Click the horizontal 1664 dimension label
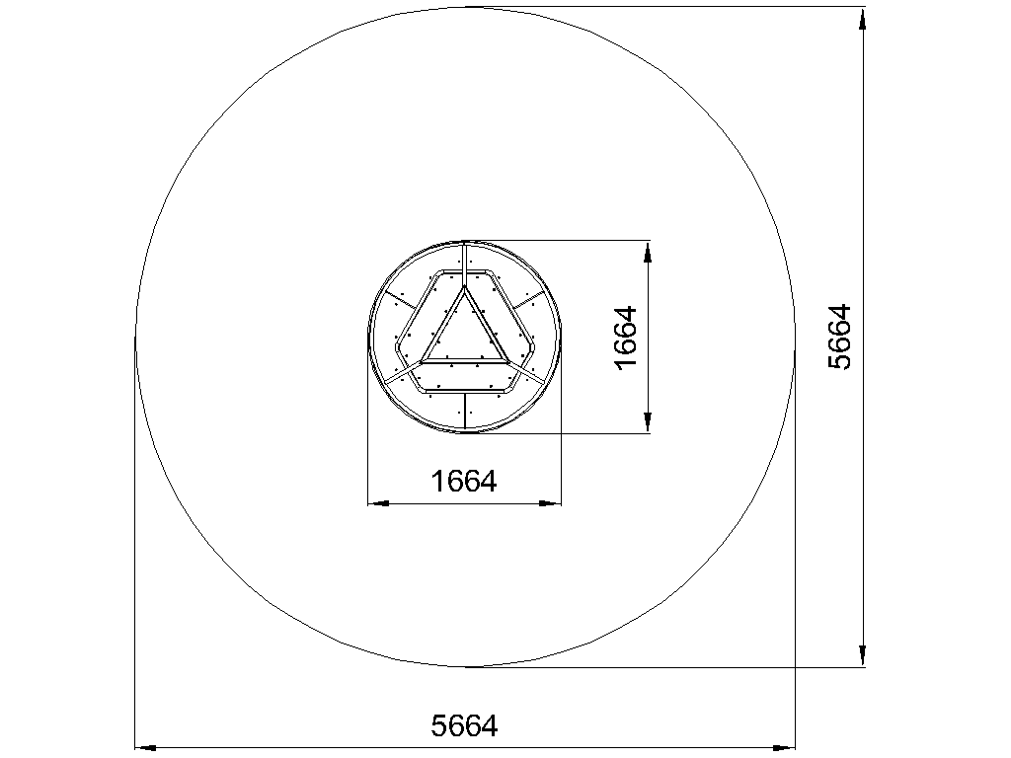[464, 481]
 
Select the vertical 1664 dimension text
[625, 338]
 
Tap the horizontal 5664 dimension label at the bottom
[464, 725]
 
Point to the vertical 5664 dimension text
[839, 337]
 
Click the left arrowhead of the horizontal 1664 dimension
[378, 503]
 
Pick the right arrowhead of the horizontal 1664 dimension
[550, 503]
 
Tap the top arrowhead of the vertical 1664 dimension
[648, 252]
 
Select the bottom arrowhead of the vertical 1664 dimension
[648, 422]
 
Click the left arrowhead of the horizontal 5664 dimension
[145, 748]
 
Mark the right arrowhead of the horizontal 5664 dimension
[784, 748]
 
